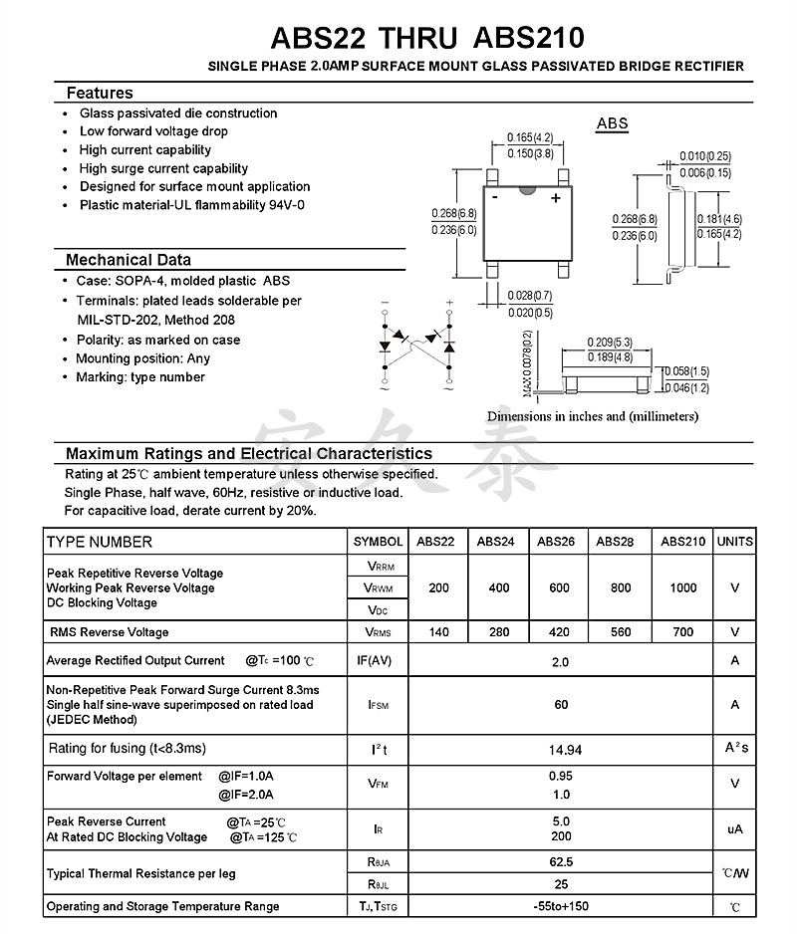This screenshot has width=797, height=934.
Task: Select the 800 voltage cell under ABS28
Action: [621, 588]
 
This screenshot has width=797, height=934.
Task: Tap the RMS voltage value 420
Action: [560, 632]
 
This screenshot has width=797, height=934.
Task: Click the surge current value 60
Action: [561, 705]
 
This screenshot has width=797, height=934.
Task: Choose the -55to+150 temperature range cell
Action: [561, 906]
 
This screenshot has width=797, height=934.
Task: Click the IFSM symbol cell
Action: [379, 705]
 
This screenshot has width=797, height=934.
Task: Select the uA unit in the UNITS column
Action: [735, 829]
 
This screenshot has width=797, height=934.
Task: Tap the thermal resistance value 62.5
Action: [561, 862]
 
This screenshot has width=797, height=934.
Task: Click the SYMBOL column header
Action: [379, 542]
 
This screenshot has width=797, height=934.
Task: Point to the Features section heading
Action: [100, 93]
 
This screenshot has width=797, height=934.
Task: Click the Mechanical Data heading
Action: [128, 260]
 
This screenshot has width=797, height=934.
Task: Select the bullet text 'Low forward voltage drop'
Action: [153, 131]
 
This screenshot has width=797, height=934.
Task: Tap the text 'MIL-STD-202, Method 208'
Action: [156, 320]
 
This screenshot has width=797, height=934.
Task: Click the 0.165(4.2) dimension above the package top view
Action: [529, 137]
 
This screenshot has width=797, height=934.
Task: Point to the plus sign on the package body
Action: [556, 198]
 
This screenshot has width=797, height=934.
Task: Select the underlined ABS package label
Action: [613, 124]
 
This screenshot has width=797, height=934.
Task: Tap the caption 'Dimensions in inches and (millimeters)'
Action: [593, 416]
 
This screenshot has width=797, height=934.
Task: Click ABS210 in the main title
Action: [528, 38]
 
